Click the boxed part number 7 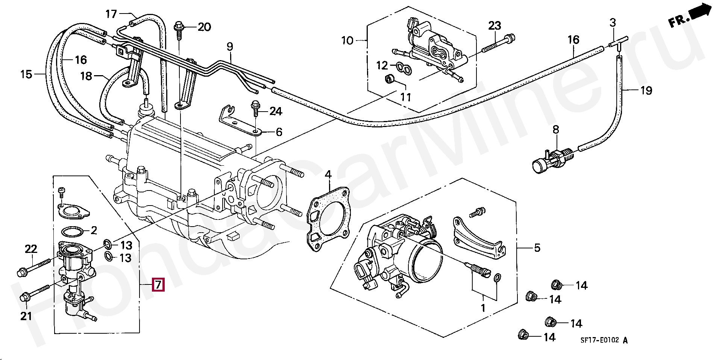tap(158, 285)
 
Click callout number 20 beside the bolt tap(205, 27)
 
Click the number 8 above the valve tap(556, 130)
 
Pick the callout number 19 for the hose tap(646, 91)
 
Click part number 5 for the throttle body tap(537, 248)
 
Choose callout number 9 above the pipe tap(230, 47)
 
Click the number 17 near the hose tap(111, 15)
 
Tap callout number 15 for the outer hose tap(26, 74)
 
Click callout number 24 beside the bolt tap(276, 112)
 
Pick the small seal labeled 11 tap(390, 79)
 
